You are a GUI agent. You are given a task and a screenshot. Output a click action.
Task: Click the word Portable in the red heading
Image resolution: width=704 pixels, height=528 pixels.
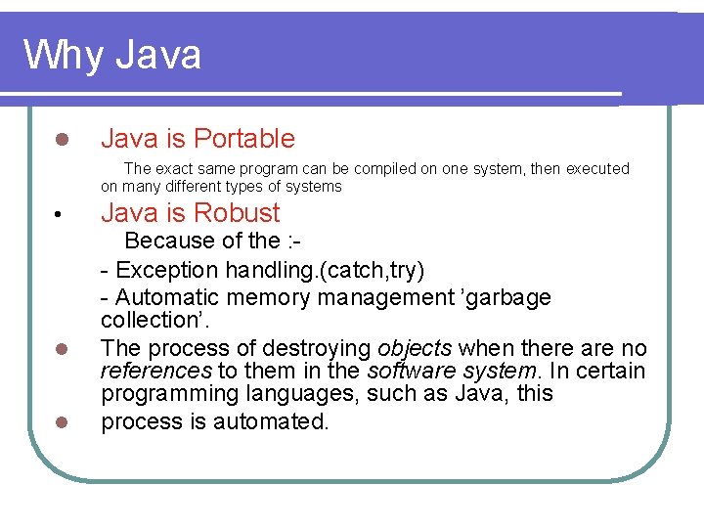(x=244, y=139)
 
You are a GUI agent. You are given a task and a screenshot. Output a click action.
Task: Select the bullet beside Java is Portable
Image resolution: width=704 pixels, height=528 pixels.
(x=60, y=140)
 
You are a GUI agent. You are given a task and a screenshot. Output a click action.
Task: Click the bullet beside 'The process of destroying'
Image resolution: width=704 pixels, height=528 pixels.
(x=60, y=349)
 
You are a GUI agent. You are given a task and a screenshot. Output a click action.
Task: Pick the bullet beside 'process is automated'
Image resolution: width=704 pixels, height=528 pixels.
(x=60, y=422)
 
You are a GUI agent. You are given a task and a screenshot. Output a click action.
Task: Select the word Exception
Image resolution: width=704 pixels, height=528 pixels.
(x=167, y=269)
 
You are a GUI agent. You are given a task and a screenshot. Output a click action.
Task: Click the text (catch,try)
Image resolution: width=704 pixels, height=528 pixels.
(x=373, y=269)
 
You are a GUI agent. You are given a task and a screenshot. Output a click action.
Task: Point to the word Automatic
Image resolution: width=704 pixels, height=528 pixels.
(x=166, y=297)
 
